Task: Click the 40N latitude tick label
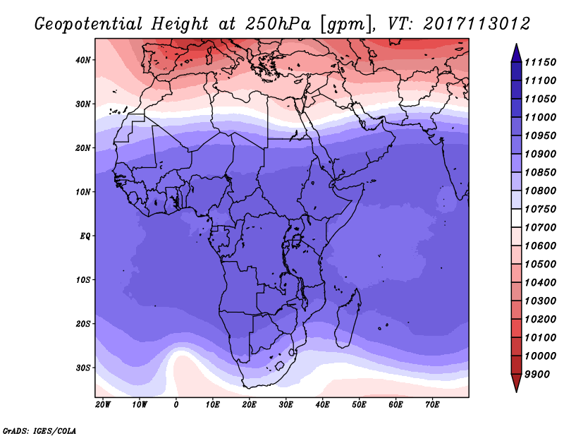[83, 60]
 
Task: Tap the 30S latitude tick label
[83, 368]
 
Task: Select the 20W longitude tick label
[103, 404]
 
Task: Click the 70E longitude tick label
[432, 404]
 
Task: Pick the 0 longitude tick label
[176, 404]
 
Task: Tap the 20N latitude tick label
[83, 148]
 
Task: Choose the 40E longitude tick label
[322, 404]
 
